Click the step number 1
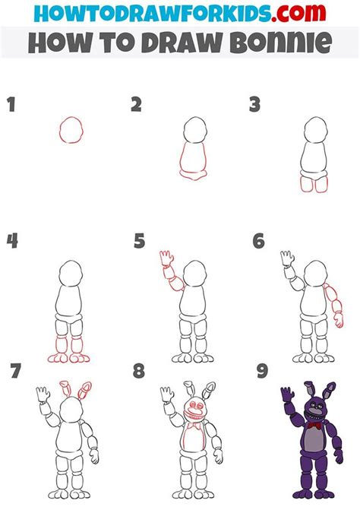coord(11,105)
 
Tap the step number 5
coord(139,242)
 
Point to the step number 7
coord(16,372)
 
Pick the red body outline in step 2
coord(195,161)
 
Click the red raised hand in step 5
coord(165,260)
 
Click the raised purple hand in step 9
coord(286,395)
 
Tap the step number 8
coord(139,372)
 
